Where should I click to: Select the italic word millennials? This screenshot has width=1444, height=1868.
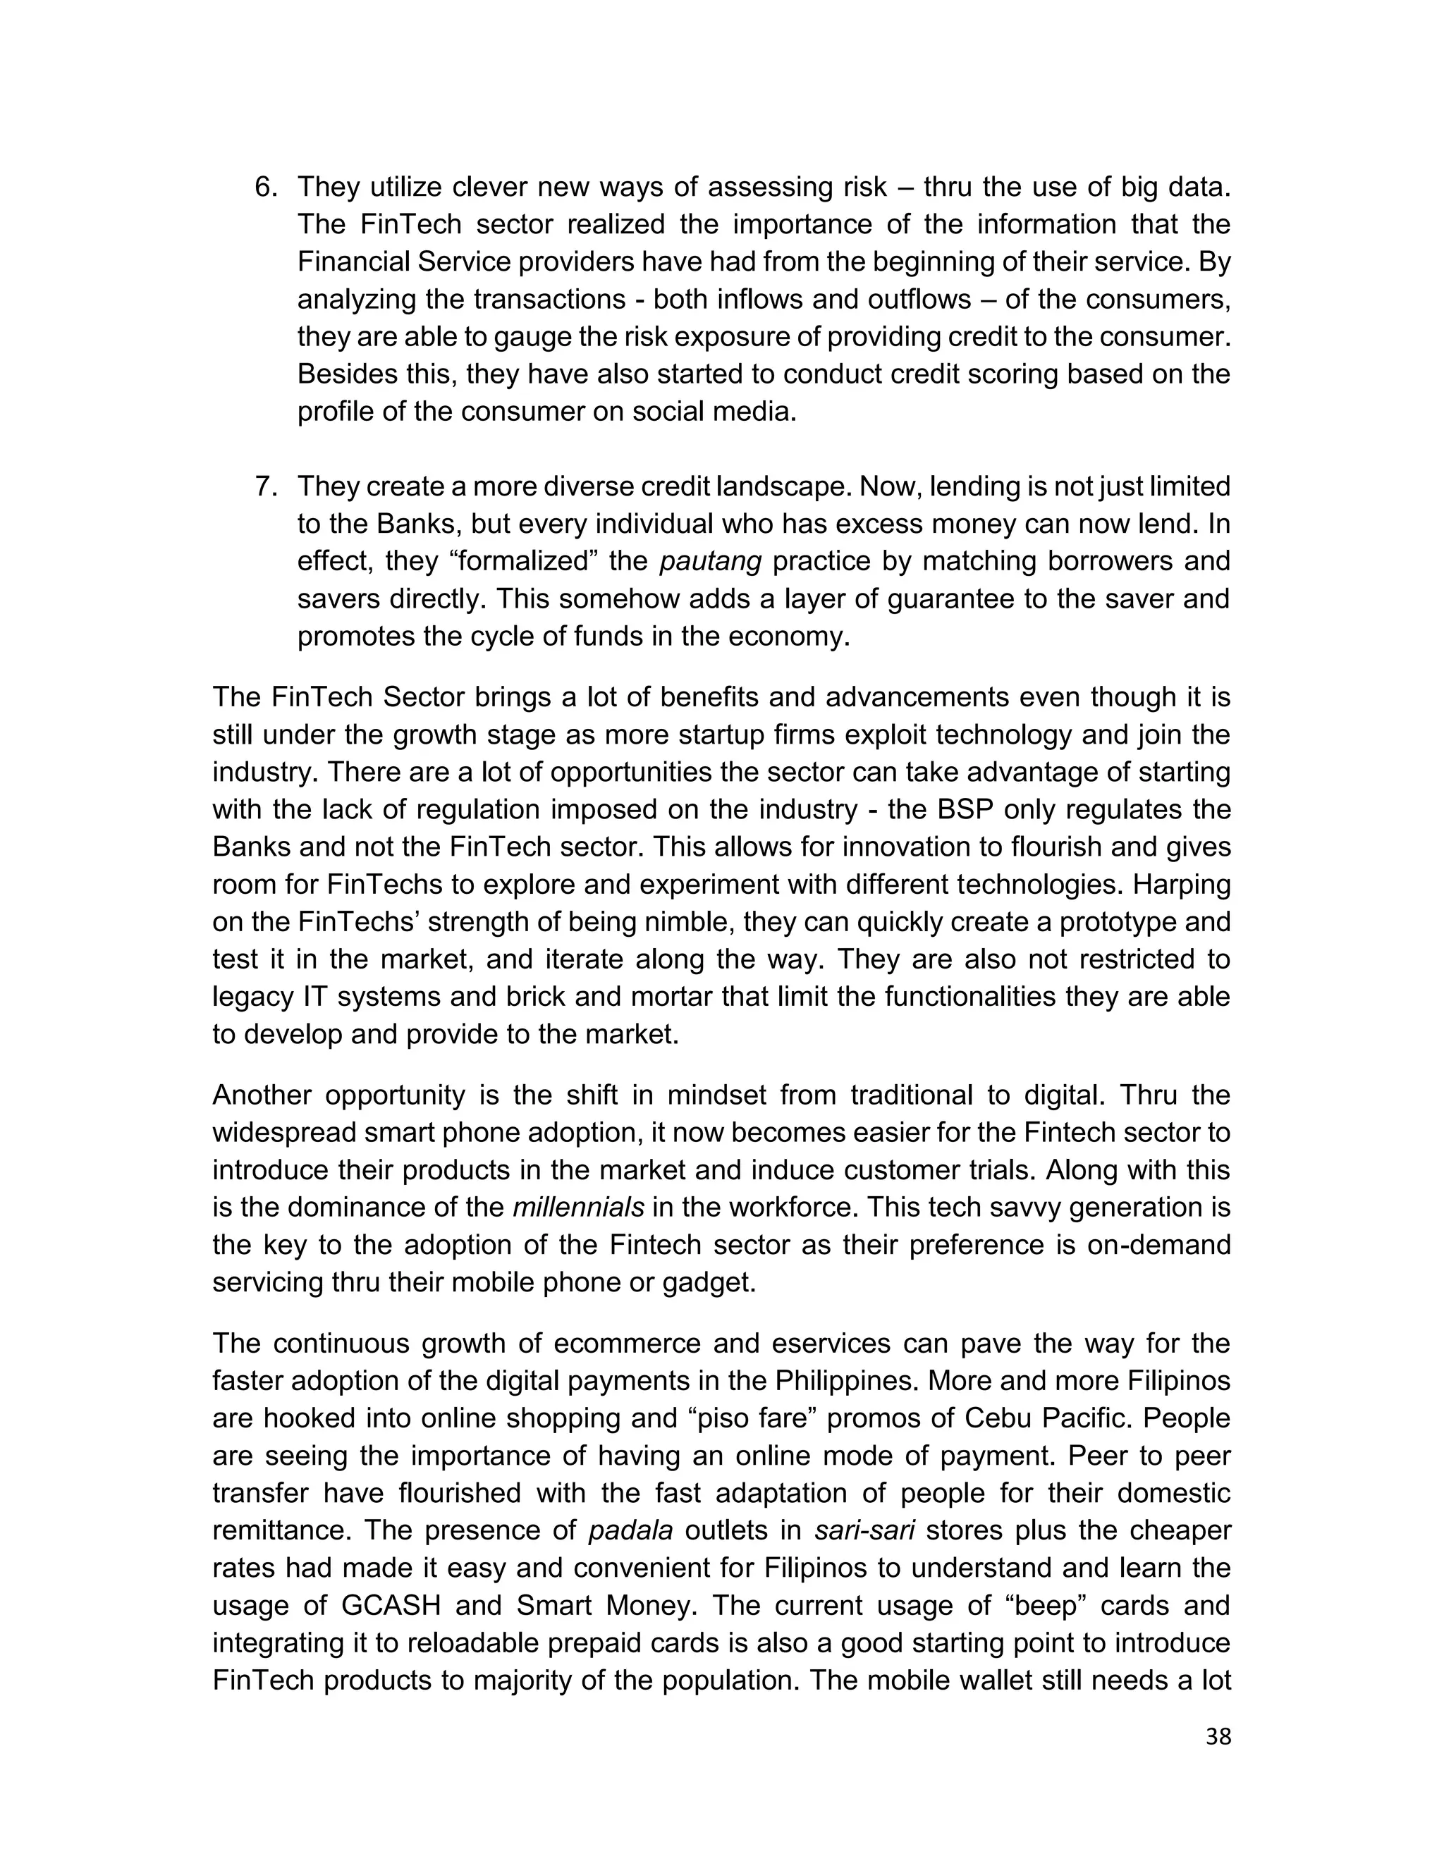pos(578,1207)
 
